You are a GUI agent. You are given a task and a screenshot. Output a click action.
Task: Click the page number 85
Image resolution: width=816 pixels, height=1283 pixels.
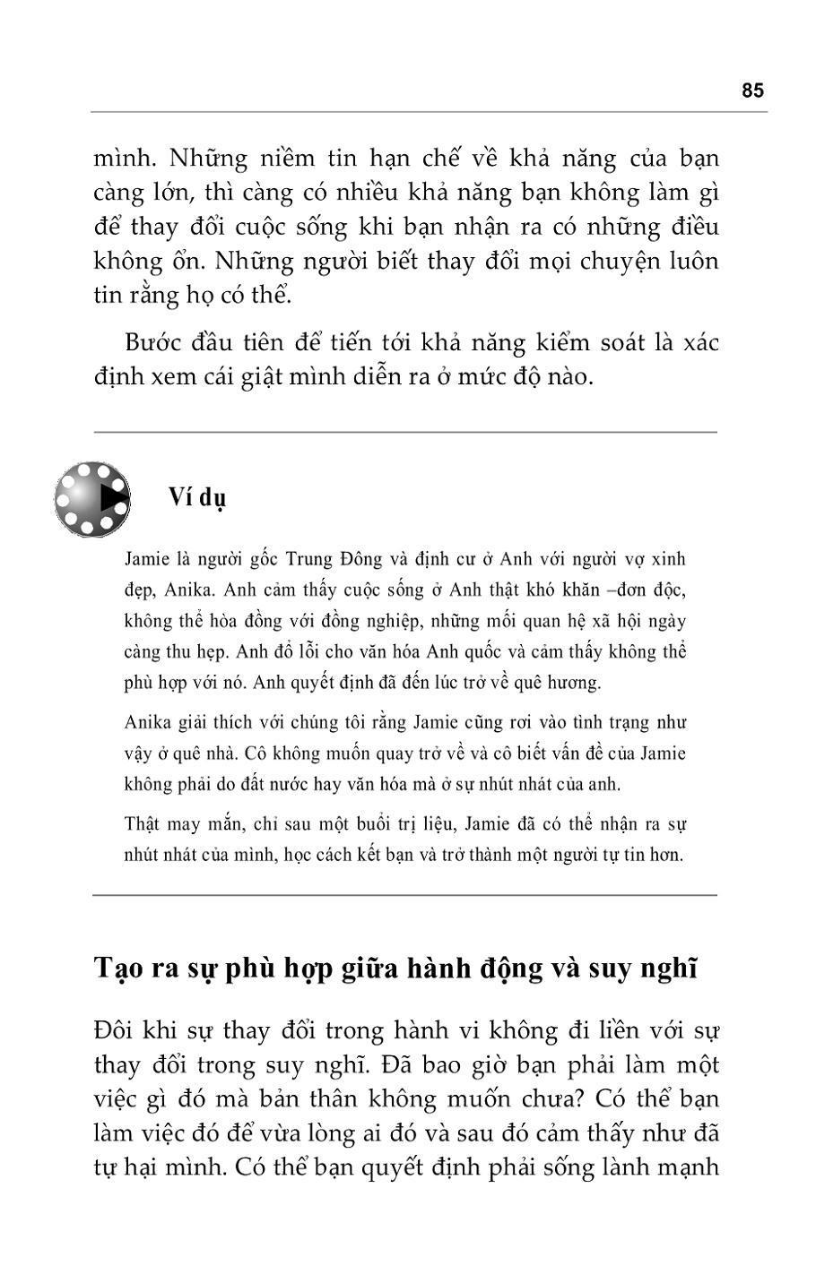point(752,90)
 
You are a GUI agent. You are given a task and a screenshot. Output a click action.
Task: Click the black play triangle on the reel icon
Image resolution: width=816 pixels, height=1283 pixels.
point(112,498)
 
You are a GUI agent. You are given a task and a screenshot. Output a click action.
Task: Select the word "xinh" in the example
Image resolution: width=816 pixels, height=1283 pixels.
point(668,560)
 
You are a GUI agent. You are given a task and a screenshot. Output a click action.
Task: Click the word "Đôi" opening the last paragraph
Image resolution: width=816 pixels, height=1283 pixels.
point(113,1030)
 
